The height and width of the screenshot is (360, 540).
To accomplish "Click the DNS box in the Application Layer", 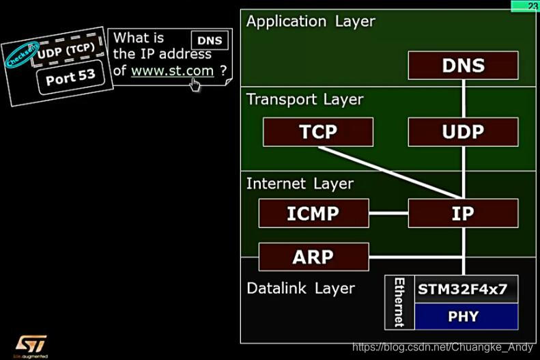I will pyautogui.click(x=463, y=66).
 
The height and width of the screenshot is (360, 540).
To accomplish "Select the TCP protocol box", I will pyautogui.click(x=317, y=132).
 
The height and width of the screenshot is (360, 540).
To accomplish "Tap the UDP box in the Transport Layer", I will pyautogui.click(x=463, y=132).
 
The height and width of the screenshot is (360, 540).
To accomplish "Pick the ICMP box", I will pyautogui.click(x=313, y=213).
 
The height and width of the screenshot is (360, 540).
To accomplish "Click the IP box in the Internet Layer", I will pyautogui.click(x=463, y=213).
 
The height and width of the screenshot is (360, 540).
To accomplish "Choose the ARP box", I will pyautogui.click(x=313, y=257).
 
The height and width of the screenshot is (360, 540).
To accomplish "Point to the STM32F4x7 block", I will pyautogui.click(x=463, y=289).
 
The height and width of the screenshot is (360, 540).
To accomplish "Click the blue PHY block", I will pyautogui.click(x=463, y=316).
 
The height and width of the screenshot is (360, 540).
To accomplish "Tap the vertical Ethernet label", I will pyautogui.click(x=399, y=302).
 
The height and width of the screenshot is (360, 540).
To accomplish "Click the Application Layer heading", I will pyautogui.click(x=311, y=21).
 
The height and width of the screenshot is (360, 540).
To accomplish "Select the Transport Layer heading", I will pyautogui.click(x=304, y=99).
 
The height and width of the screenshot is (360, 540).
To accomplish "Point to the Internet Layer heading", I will pyautogui.click(x=300, y=184).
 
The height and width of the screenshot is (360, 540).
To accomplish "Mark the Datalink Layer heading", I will pyautogui.click(x=300, y=288).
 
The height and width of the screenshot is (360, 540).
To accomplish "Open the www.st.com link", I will pyautogui.click(x=172, y=70).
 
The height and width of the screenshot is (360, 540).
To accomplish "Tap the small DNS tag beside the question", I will pyautogui.click(x=210, y=40).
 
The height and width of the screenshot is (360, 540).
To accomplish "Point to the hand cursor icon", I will pyautogui.click(x=196, y=84).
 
